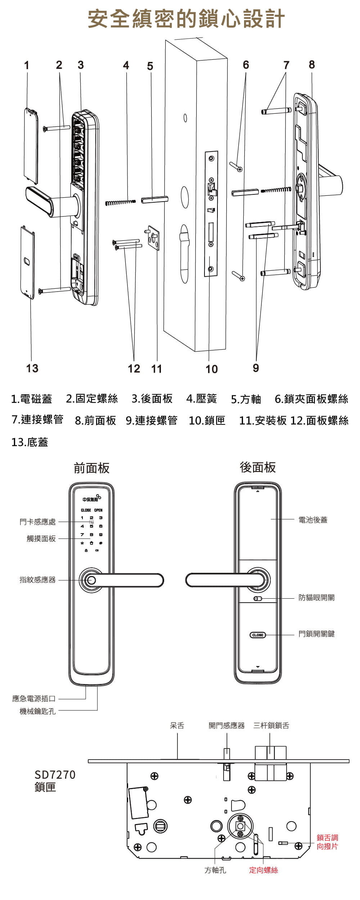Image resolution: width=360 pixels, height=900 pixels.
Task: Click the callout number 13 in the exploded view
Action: (32, 368)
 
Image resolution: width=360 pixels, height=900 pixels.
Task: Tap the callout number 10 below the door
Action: (212, 369)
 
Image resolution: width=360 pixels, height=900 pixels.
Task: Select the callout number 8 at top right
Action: (312, 64)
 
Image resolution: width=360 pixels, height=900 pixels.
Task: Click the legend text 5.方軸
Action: (246, 399)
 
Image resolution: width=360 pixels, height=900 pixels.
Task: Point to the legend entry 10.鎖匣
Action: (207, 420)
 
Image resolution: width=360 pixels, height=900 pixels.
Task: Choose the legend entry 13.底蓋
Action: (30, 442)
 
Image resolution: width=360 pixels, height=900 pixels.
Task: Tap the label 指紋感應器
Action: (37, 580)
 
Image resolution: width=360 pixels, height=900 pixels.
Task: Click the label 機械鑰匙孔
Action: (37, 711)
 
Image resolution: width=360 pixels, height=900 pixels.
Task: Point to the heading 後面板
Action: (258, 467)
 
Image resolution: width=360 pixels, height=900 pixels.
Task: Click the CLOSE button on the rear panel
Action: (258, 635)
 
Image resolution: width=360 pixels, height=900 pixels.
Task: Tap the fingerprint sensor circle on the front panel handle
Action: (91, 580)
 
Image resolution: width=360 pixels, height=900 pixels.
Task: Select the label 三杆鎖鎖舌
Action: (271, 725)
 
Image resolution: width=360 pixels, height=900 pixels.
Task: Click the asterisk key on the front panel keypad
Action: (82, 543)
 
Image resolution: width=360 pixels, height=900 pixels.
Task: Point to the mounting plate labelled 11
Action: (154, 238)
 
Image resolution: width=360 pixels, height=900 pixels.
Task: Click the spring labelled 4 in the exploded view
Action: (120, 203)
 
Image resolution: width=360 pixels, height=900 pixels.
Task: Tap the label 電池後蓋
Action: (313, 520)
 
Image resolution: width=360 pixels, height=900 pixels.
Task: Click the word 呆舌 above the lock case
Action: (177, 725)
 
